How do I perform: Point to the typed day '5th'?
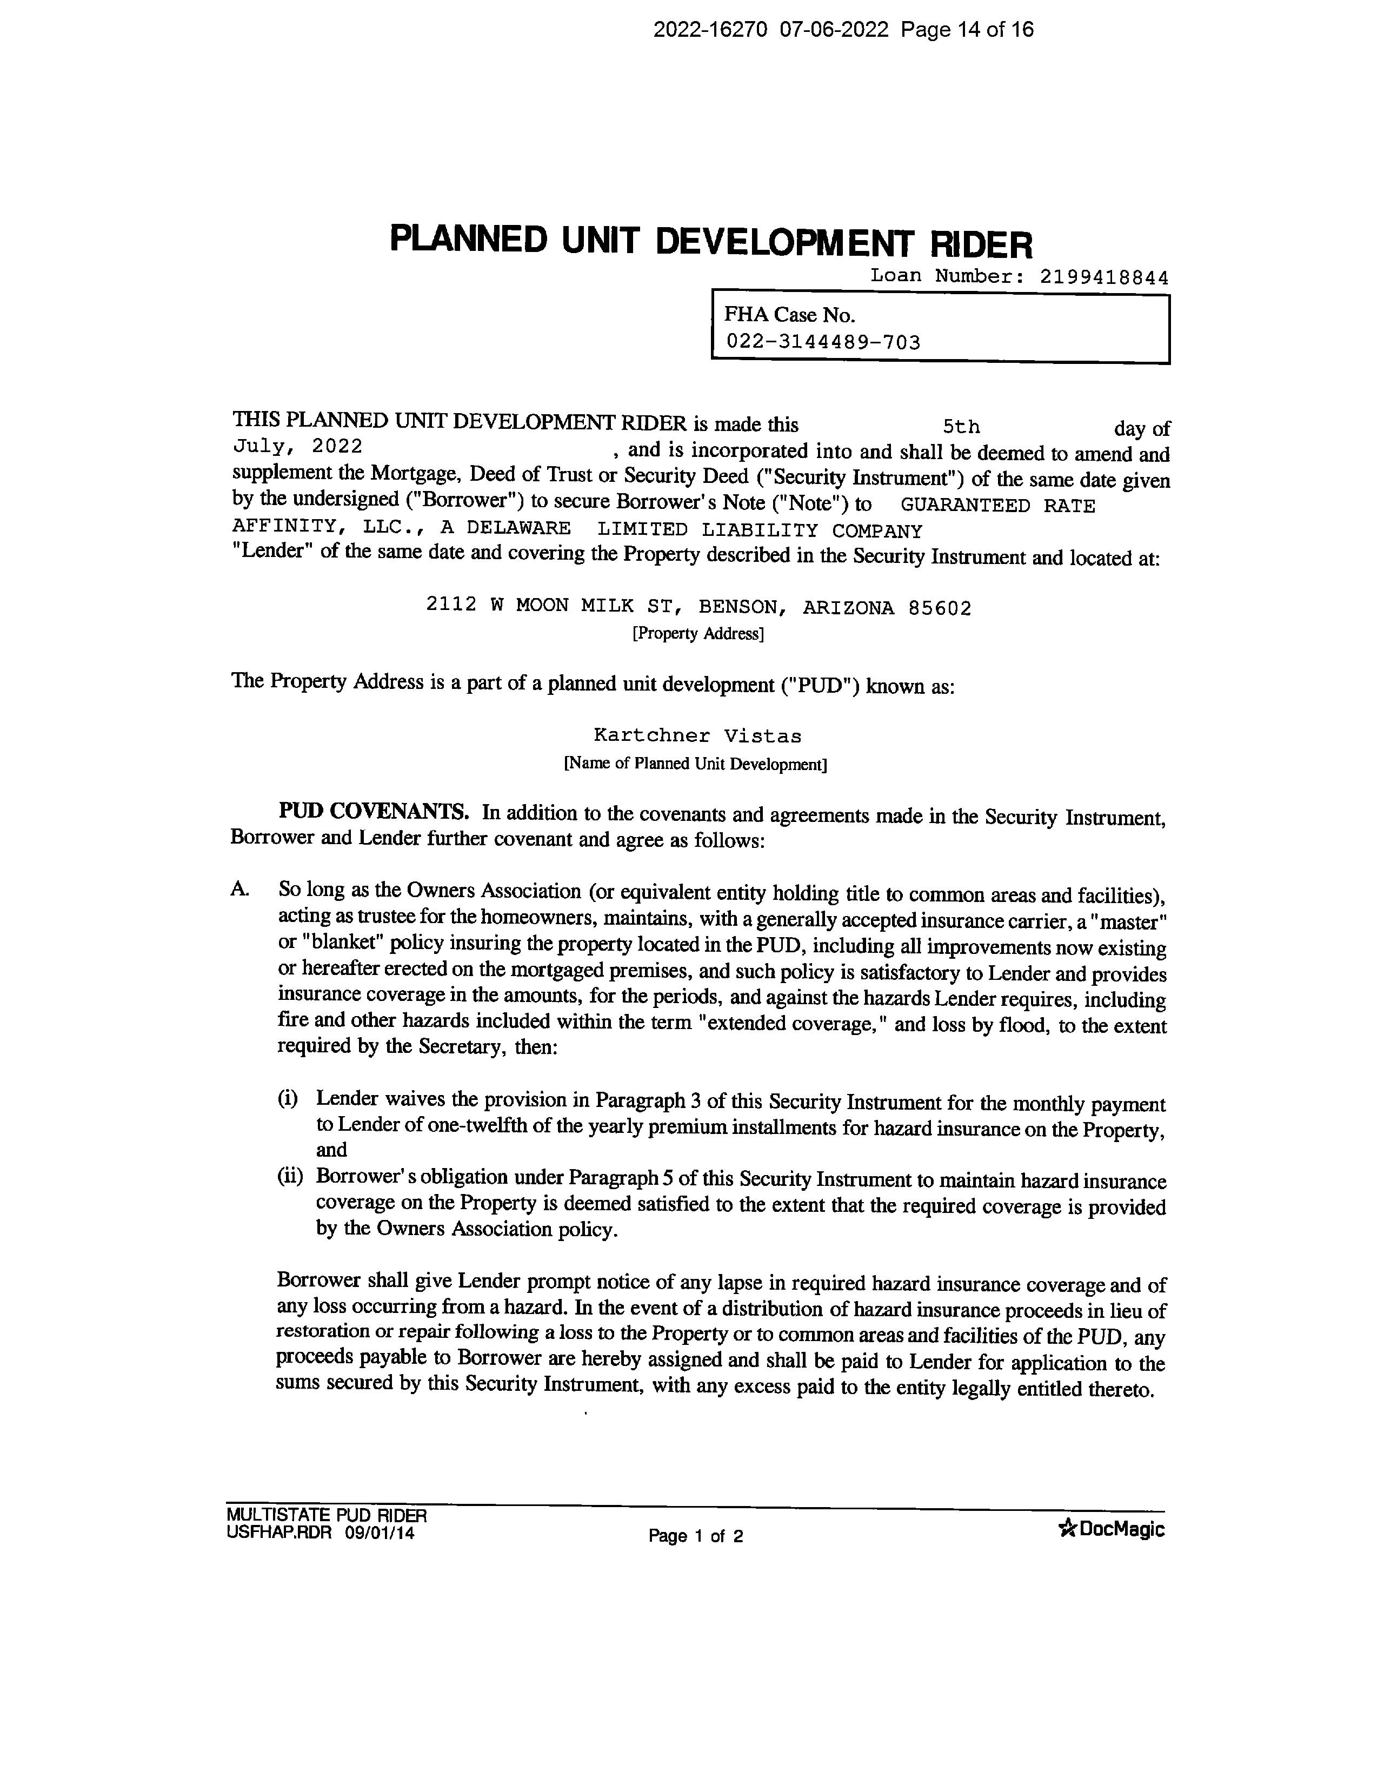(961, 427)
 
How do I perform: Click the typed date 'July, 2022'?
(298, 446)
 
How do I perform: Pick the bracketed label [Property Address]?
(698, 634)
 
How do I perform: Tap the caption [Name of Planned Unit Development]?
(695, 764)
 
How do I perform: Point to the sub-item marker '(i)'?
(287, 1099)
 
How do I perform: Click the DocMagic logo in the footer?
(1112, 1529)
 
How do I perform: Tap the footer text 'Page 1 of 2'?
(695, 1536)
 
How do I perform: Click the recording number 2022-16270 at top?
(710, 30)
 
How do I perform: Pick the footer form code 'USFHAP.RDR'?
(279, 1533)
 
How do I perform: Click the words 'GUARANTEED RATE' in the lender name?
(997, 506)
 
